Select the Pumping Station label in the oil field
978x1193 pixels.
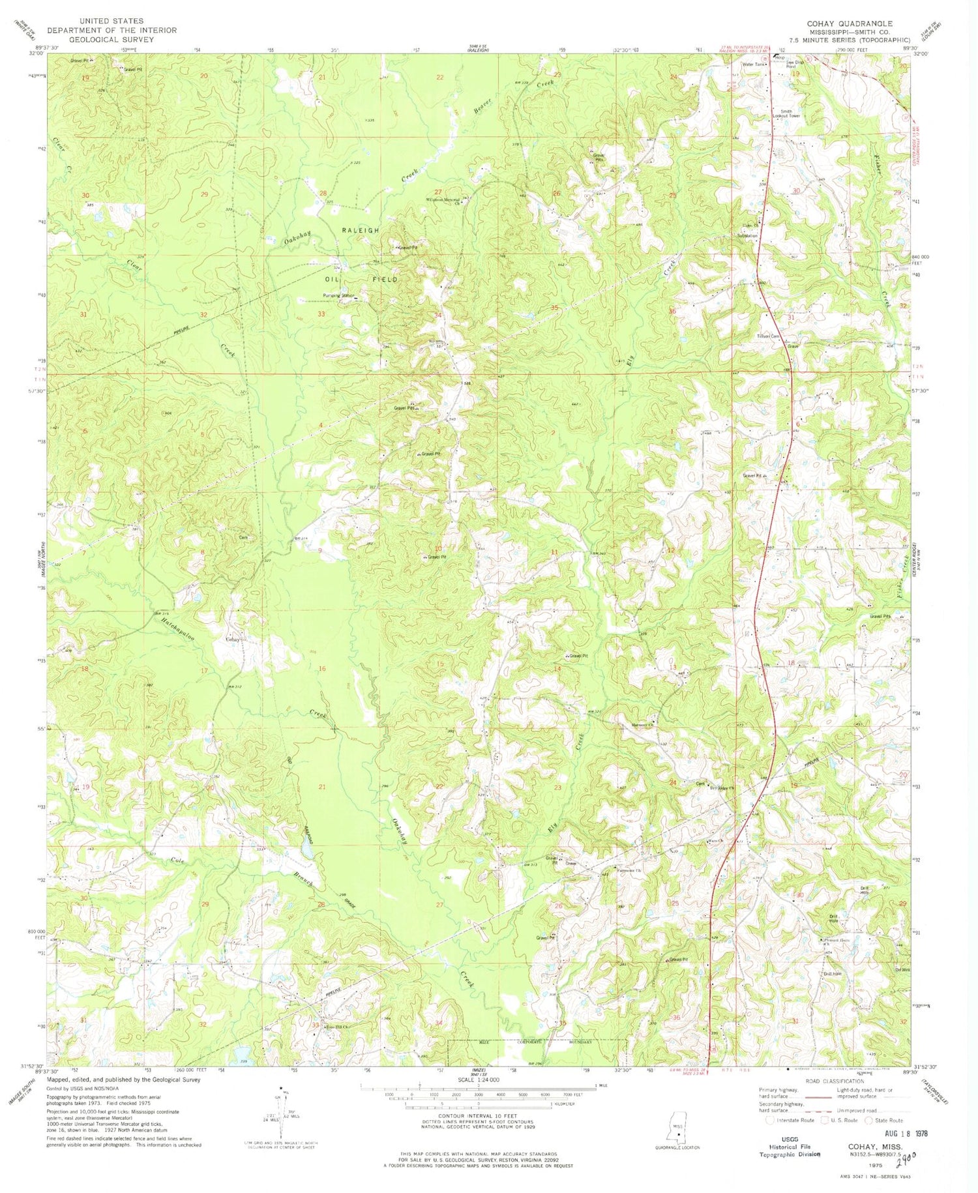[338, 296]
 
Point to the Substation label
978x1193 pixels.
[747, 235]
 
